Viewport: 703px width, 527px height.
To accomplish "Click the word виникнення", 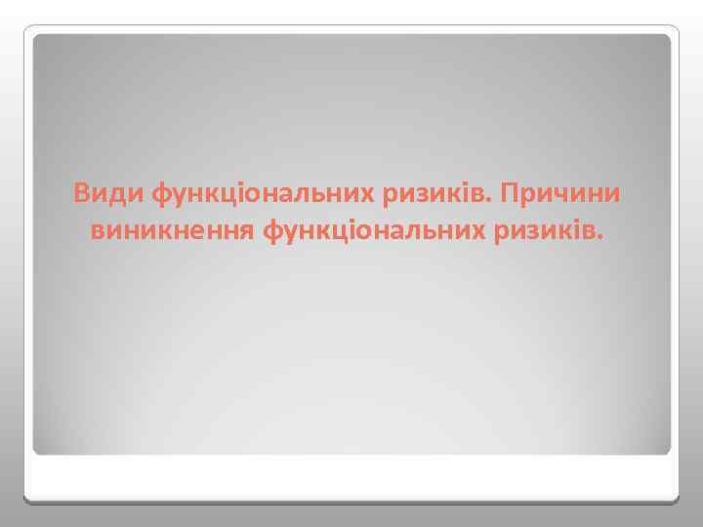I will tap(172, 231).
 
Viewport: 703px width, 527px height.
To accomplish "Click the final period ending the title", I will tap(600, 239).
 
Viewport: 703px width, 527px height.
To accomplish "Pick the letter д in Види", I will tap(121, 195).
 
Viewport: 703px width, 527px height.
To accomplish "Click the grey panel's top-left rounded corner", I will tap(38, 40).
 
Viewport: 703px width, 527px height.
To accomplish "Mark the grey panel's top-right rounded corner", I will tap(666, 40).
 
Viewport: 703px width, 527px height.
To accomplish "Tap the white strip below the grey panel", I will tap(351, 478).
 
